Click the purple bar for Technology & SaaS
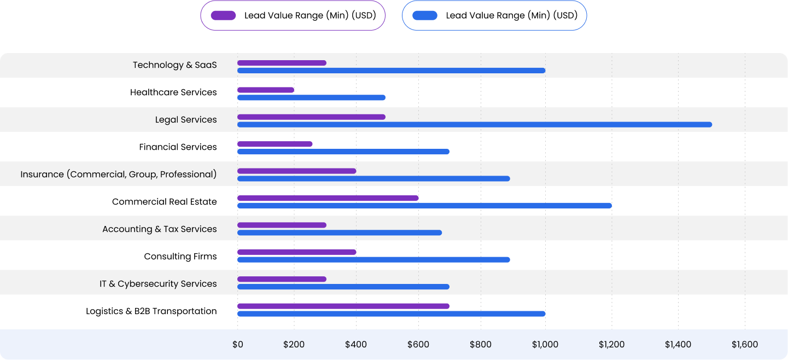pos(282,63)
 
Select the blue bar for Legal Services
pos(474,124)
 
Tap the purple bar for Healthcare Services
pos(266,90)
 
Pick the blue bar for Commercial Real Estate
pos(424,206)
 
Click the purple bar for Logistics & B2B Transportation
pos(343,306)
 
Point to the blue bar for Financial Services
pos(343,152)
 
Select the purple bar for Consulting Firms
pos(296,252)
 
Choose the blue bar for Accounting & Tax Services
pos(339,233)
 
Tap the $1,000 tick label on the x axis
pos(545,345)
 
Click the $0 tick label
pos(237,345)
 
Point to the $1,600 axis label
pos(745,345)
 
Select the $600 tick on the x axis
pos(418,345)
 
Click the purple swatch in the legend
pos(223,15)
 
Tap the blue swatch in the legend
pos(425,15)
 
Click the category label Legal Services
pos(186,120)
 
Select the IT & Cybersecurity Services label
pos(158,284)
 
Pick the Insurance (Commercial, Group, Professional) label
pos(119,175)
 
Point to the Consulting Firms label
pos(180,257)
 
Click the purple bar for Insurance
pos(296,171)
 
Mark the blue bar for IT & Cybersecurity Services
pos(343,287)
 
